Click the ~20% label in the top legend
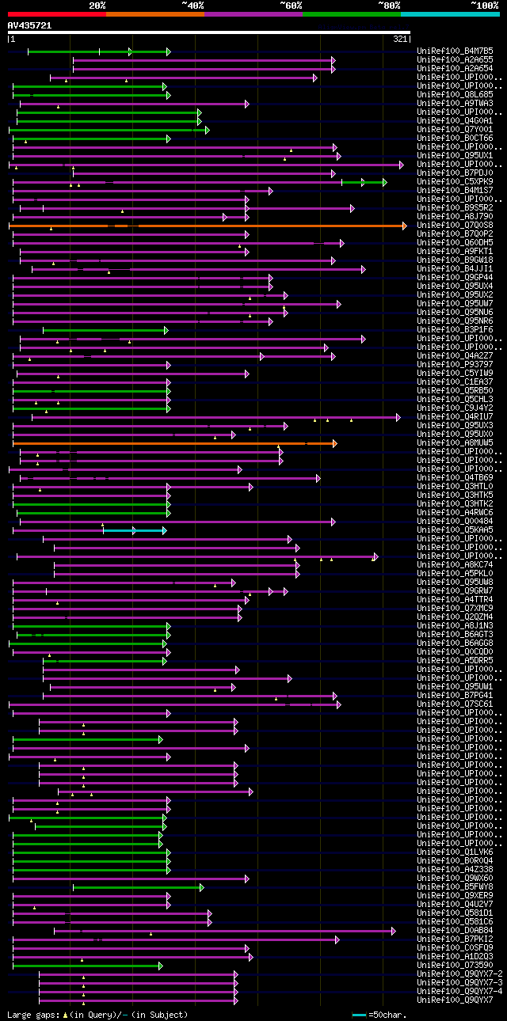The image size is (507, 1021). [97, 5]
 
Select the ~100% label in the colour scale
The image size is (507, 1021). [484, 5]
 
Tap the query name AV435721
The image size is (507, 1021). [29, 25]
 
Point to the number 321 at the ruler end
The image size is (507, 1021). [399, 39]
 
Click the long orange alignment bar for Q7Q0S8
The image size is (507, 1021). [238, 226]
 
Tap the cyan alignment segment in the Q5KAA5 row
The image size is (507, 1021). [135, 530]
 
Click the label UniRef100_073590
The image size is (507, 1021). [445, 966]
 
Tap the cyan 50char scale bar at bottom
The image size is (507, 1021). [359, 1014]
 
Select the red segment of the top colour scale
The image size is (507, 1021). [56, 13]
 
